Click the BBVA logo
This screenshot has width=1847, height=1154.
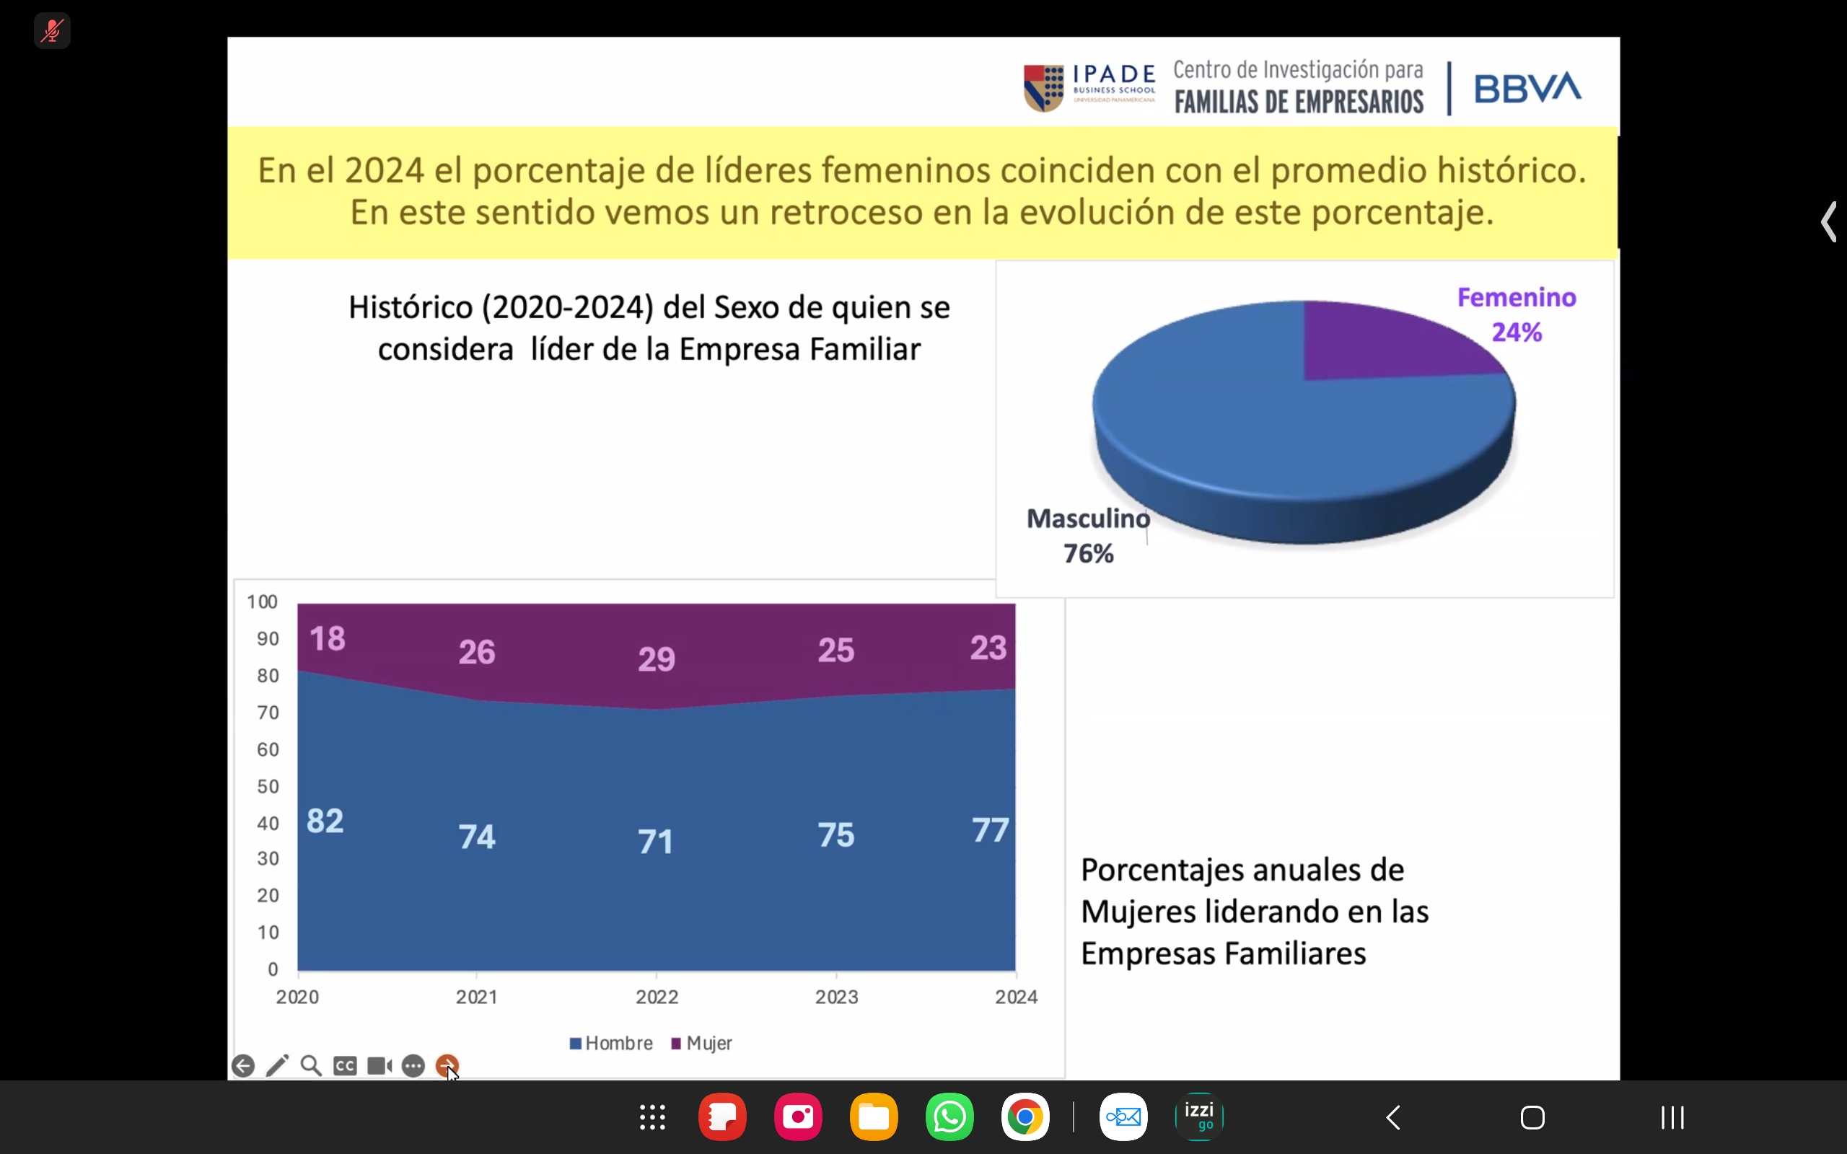pos(1527,88)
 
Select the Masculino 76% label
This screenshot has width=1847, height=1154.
pos(1087,536)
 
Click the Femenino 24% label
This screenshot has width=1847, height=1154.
pos(1517,314)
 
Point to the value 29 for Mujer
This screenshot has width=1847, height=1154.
pos(657,659)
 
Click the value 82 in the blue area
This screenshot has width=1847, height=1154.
pos(325,822)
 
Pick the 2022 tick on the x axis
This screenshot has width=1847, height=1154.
pos(657,997)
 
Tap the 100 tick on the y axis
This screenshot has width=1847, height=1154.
pos(262,602)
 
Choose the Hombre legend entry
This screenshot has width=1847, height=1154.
pos(611,1044)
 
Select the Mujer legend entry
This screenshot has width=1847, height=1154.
pos(701,1044)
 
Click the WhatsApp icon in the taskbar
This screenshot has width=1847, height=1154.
pos(949,1117)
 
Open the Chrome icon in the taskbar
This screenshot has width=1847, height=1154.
pos(1025,1117)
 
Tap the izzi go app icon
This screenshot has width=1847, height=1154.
pos(1199,1117)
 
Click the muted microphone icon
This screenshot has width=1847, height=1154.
pos(52,31)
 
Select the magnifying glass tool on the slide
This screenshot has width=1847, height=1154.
pos(311,1065)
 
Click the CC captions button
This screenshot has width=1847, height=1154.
pos(345,1065)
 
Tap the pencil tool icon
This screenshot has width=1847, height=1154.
pos(277,1065)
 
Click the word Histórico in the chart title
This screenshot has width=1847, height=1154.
pos(411,307)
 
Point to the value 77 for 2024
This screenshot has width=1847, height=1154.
pos(990,829)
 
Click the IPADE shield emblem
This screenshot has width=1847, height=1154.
pos(1043,88)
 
